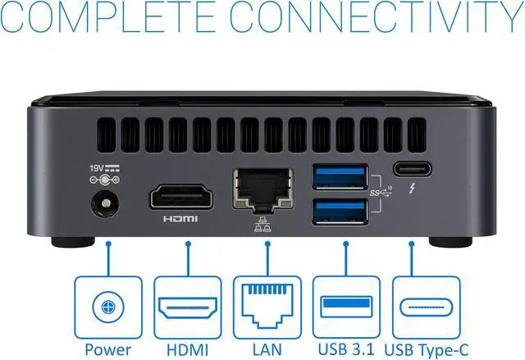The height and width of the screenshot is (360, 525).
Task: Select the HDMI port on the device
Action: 181,198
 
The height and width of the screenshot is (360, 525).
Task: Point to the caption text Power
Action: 107,349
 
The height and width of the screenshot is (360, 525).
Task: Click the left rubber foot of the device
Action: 69,243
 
